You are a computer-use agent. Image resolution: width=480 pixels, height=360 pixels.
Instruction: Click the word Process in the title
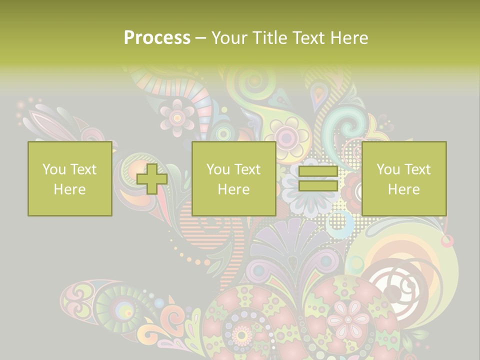[x=157, y=38]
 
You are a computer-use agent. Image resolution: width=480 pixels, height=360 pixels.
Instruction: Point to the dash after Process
[x=200, y=38]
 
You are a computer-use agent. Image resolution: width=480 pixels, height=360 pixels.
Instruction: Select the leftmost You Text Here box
[x=69, y=179]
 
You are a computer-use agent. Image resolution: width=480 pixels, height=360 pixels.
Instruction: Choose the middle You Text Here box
[x=233, y=179]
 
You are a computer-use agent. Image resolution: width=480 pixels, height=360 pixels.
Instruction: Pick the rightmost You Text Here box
[x=403, y=179]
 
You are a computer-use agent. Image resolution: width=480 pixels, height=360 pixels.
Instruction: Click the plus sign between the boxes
[x=152, y=179]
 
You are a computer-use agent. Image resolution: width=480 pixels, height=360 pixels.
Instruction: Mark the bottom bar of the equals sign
[x=318, y=185]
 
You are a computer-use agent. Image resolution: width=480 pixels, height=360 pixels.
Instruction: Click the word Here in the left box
[x=69, y=189]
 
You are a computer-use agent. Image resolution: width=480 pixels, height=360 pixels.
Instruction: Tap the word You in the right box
[x=388, y=169]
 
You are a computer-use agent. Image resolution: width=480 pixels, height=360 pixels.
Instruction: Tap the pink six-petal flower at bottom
[x=348, y=318]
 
